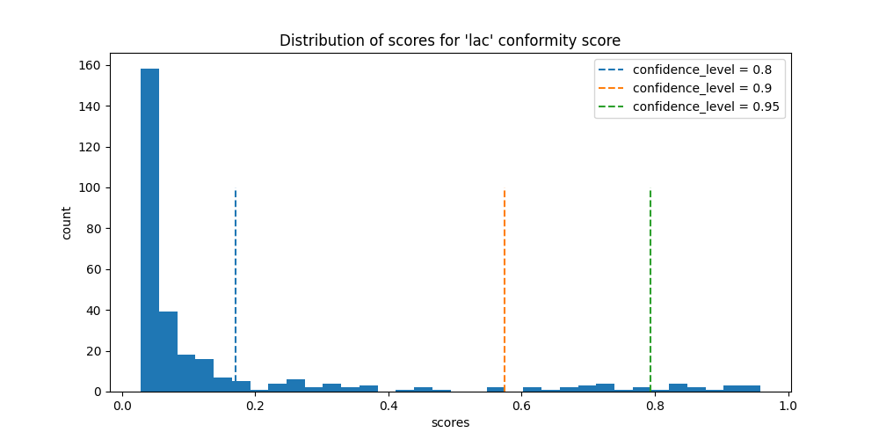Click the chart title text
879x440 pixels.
pos(450,40)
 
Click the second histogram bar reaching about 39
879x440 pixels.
pos(168,352)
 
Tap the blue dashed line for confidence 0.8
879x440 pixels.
pos(236,264)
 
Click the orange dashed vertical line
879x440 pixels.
pos(505,264)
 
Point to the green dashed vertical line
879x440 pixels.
pos(650,264)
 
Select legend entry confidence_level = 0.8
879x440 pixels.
pos(701,70)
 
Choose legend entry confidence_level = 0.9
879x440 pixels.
pos(701,88)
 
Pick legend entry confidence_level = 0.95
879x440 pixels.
pos(706,106)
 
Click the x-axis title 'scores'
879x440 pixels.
pos(450,423)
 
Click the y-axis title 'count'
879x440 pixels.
pos(68,223)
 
